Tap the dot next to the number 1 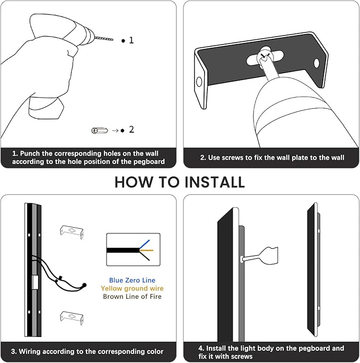pyautogui.click(x=123, y=40)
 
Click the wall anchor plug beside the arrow pyautogui.click(x=98, y=129)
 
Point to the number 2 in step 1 pyautogui.click(x=131, y=129)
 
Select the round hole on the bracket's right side pyautogui.click(x=317, y=63)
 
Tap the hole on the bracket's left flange pyautogui.click(x=199, y=82)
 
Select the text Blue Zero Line pyautogui.click(x=132, y=280)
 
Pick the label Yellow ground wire pyautogui.click(x=132, y=288)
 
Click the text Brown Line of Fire pyautogui.click(x=132, y=296)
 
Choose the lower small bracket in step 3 pyautogui.click(x=69, y=316)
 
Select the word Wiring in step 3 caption pyautogui.click(x=32, y=351)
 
